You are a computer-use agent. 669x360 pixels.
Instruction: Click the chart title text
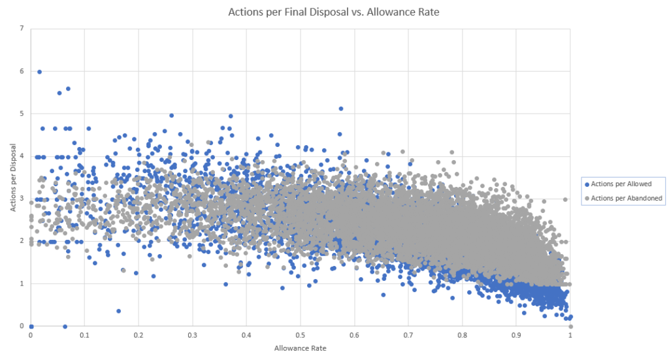tap(334, 12)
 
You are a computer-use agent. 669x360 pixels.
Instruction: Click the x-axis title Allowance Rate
tap(300, 348)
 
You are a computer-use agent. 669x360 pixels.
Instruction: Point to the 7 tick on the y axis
tap(22, 29)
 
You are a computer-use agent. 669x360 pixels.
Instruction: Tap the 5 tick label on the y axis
tap(22, 114)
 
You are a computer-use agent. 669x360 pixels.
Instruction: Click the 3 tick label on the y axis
tap(22, 199)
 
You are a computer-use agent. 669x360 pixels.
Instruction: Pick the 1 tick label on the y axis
tap(22, 284)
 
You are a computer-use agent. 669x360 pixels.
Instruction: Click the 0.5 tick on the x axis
tap(300, 335)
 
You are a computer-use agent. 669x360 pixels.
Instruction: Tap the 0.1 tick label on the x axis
tap(84, 335)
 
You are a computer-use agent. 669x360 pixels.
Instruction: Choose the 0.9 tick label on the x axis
tap(516, 335)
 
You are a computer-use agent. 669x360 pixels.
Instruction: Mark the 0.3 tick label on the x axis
tap(192, 335)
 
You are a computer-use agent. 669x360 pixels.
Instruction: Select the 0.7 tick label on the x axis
tap(408, 335)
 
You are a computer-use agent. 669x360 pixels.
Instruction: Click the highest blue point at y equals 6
tap(39, 72)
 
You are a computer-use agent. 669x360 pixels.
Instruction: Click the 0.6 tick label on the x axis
tap(354, 335)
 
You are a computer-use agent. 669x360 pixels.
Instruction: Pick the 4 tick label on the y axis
tap(22, 156)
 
